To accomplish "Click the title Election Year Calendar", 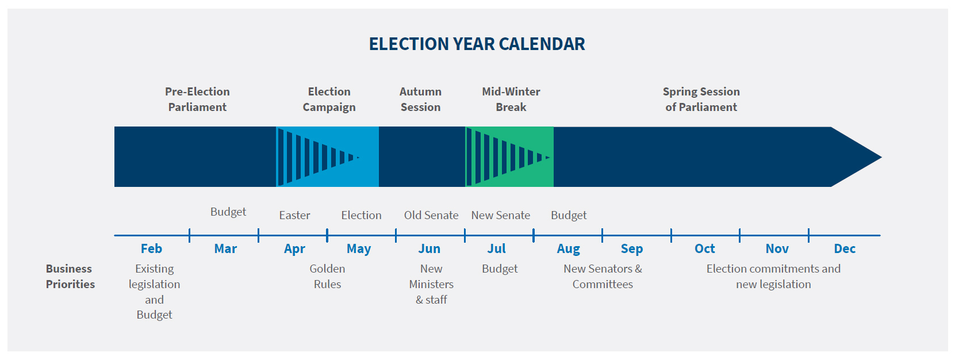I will pyautogui.click(x=477, y=44).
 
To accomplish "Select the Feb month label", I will pyautogui.click(x=151, y=248).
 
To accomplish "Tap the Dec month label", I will pyautogui.click(x=845, y=248).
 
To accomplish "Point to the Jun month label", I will pyautogui.click(x=429, y=248).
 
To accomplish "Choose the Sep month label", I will pyautogui.click(x=631, y=248).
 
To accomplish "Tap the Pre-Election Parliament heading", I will pyautogui.click(x=197, y=99).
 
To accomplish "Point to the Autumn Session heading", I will pyautogui.click(x=420, y=99).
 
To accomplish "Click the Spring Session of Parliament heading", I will pyautogui.click(x=701, y=99).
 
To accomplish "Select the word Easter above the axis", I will pyautogui.click(x=294, y=215).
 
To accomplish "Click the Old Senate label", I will pyautogui.click(x=431, y=215).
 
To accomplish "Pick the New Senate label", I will pyautogui.click(x=500, y=215).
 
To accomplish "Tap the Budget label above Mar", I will pyautogui.click(x=228, y=212).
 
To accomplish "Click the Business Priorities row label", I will pyautogui.click(x=70, y=276).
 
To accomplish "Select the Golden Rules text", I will pyautogui.click(x=327, y=276).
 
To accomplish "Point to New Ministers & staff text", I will pyautogui.click(x=431, y=284).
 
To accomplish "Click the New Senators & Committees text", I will pyautogui.click(x=603, y=276).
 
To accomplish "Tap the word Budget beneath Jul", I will pyautogui.click(x=500, y=269).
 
